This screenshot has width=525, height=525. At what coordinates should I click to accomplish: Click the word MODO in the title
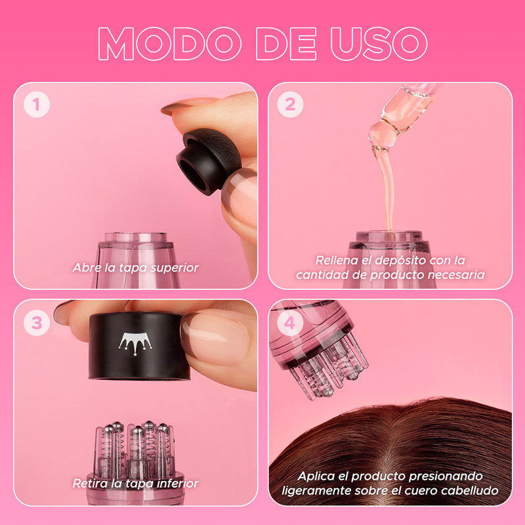pyautogui.click(x=170, y=44)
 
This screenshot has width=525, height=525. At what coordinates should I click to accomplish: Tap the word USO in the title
pyautogui.click(x=379, y=44)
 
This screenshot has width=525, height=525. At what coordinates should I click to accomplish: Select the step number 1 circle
pyautogui.click(x=37, y=104)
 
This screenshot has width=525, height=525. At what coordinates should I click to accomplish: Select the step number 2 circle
pyautogui.click(x=290, y=104)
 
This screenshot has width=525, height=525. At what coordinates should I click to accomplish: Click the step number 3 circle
pyautogui.click(x=37, y=323)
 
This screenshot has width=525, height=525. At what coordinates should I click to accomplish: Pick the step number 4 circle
pyautogui.click(x=290, y=323)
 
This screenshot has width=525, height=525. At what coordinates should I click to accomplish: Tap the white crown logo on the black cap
pyautogui.click(x=135, y=343)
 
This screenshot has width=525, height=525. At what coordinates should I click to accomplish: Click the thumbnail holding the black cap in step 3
pyautogui.click(x=216, y=338)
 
